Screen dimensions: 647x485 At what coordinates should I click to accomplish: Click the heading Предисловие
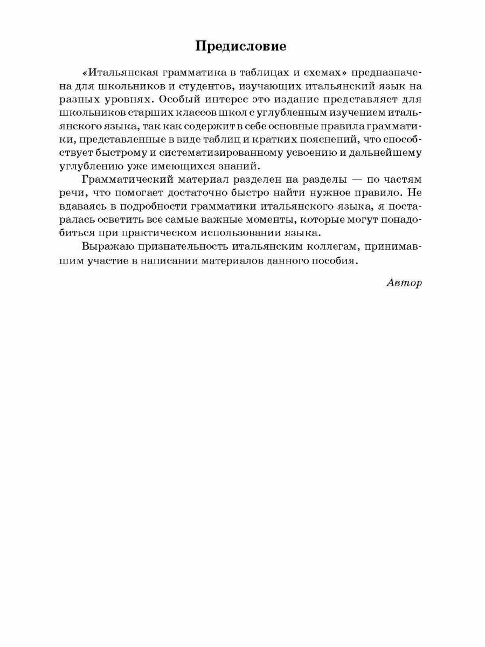pos(241,47)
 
